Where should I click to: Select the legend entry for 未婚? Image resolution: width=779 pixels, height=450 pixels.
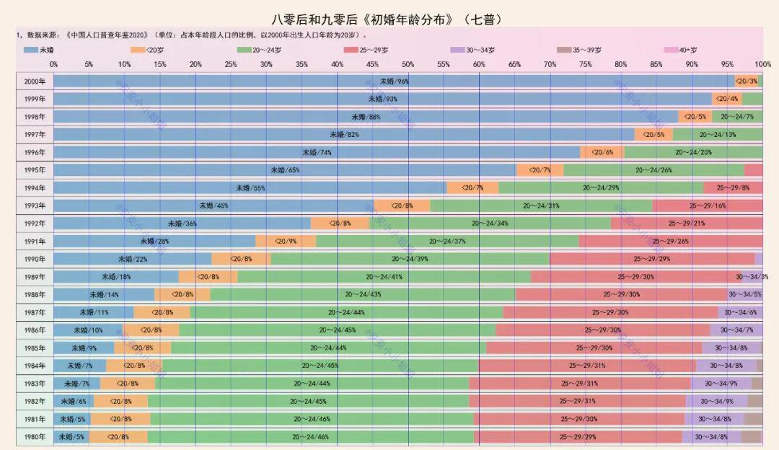coord(39,50)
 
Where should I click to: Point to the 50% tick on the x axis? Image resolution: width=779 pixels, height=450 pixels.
coord(408,64)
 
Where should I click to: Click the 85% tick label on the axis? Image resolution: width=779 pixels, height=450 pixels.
coord(656,64)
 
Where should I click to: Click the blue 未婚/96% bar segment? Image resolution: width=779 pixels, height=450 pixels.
coord(394,81)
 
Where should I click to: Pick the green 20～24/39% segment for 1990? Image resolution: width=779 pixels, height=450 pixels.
coord(410,259)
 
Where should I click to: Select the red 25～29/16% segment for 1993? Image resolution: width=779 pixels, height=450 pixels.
coord(707,206)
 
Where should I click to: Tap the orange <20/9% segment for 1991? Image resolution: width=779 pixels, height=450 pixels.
coord(286,241)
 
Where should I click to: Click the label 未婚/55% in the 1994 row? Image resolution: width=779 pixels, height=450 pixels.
coord(250,187)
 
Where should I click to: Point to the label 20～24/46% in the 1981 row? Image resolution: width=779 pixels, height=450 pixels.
coord(312,418)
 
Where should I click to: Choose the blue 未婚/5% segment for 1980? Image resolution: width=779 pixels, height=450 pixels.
coord(71,436)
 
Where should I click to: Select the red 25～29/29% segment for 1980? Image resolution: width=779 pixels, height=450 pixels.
coord(578,436)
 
